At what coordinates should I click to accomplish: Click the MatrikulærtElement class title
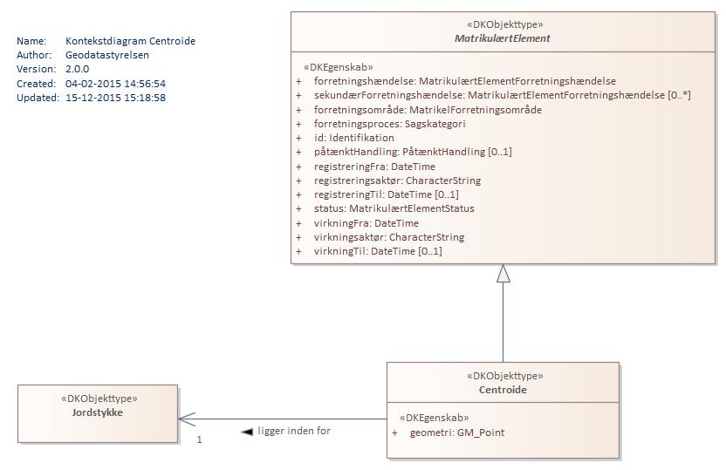[x=502, y=38]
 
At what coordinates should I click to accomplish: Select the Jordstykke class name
[x=98, y=412]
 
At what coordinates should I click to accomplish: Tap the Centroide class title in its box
[x=503, y=390]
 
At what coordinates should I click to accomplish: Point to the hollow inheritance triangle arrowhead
[x=503, y=273]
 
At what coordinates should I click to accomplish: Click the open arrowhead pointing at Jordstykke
[x=185, y=419]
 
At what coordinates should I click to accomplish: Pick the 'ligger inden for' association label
[x=293, y=431]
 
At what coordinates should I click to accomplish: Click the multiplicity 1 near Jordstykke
[x=199, y=439]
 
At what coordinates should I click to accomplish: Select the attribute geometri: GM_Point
[x=456, y=433]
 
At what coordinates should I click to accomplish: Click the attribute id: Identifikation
[x=353, y=138]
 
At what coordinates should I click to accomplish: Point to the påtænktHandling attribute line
[x=412, y=152]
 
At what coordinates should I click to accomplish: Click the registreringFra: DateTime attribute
[x=374, y=167]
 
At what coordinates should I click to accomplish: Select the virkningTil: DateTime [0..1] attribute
[x=378, y=251]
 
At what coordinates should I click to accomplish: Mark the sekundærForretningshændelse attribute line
[x=502, y=95]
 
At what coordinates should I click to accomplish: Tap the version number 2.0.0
[x=77, y=69]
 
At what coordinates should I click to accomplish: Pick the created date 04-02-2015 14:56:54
[x=115, y=84]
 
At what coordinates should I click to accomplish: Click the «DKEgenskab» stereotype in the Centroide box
[x=434, y=418]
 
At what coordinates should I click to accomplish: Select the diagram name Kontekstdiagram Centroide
[x=130, y=41]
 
